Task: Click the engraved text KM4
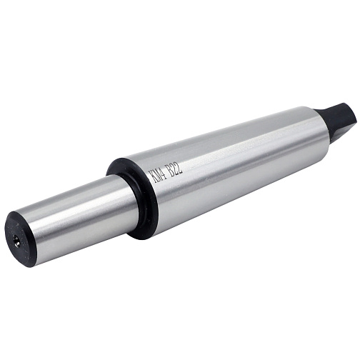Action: coord(156,176)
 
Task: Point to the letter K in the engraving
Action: coord(151,177)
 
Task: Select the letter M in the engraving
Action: coord(156,176)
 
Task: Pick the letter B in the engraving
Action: coord(170,171)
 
